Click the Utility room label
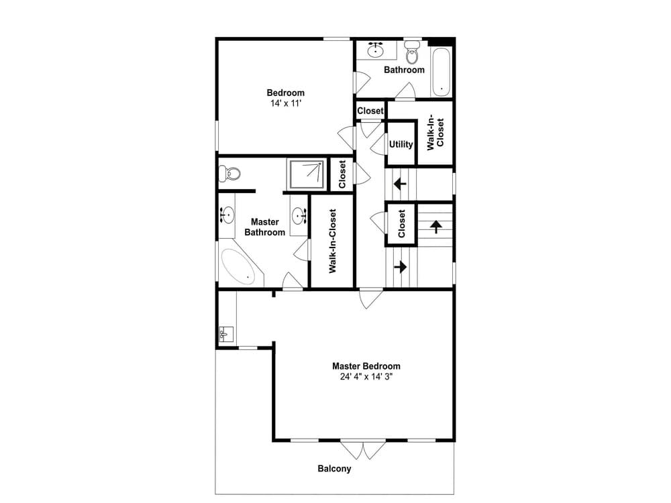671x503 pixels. pyautogui.click(x=401, y=145)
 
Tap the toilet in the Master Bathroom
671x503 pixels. pyautogui.click(x=229, y=174)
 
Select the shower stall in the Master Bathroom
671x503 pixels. pyautogui.click(x=307, y=174)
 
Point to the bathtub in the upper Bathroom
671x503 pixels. pyautogui.click(x=442, y=72)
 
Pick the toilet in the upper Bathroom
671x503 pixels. pyautogui.click(x=412, y=52)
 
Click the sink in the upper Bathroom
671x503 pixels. pyautogui.click(x=375, y=50)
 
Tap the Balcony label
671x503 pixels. pyautogui.click(x=334, y=468)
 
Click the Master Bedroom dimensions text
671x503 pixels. pyautogui.click(x=366, y=377)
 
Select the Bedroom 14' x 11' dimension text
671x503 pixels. pyautogui.click(x=285, y=103)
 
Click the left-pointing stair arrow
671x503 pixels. pyautogui.click(x=400, y=184)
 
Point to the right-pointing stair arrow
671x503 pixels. pyautogui.click(x=400, y=267)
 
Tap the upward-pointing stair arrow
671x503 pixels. pyautogui.click(x=436, y=226)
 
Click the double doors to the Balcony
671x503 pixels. pyautogui.click(x=363, y=449)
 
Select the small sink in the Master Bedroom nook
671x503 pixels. pyautogui.click(x=226, y=334)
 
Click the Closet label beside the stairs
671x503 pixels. pyautogui.click(x=401, y=223)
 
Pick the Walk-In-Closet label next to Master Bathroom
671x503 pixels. pyautogui.click(x=333, y=241)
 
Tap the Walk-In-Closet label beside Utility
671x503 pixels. pyautogui.click(x=435, y=131)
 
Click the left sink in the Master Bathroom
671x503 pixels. pyautogui.click(x=226, y=214)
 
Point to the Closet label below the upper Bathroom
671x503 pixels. pyautogui.click(x=370, y=111)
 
